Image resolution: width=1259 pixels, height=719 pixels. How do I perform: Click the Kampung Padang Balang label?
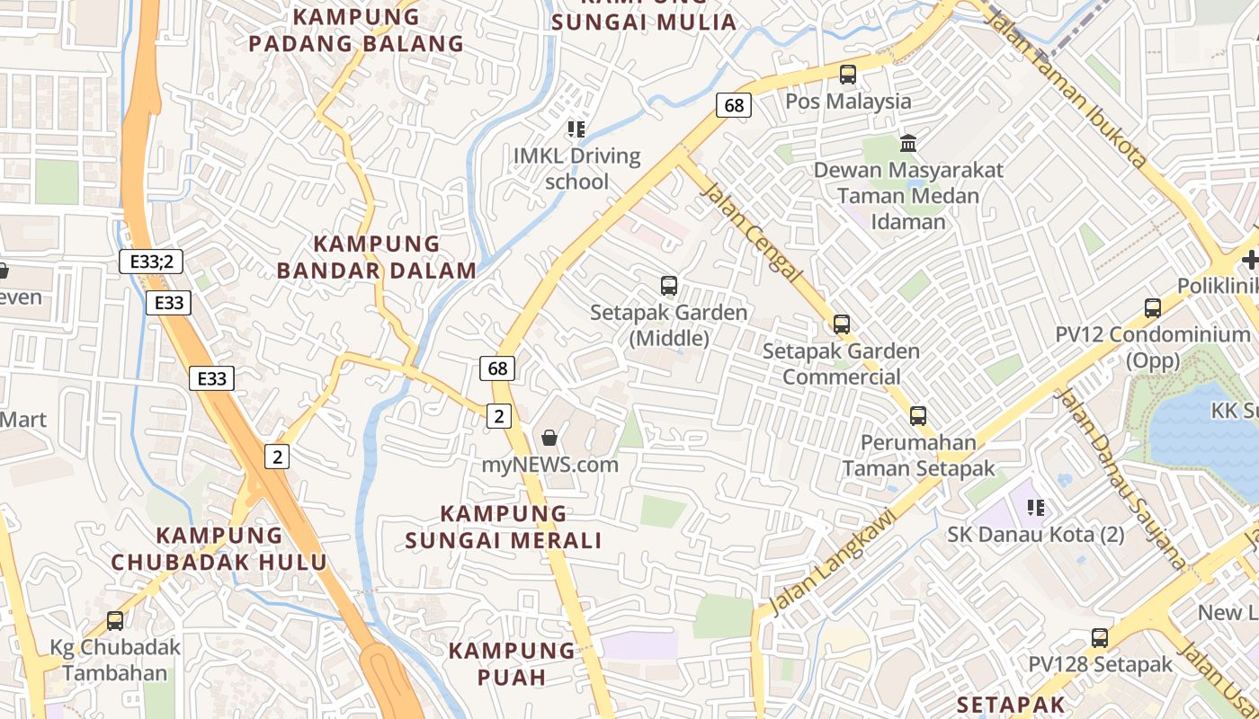(x=356, y=30)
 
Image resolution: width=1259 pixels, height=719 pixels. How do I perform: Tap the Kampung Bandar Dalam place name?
(x=377, y=257)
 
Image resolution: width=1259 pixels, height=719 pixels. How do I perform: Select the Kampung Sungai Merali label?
(x=504, y=527)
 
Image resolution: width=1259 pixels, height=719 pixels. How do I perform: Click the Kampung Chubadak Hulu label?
(x=219, y=548)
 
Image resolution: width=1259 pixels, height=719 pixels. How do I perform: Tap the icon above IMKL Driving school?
(x=576, y=129)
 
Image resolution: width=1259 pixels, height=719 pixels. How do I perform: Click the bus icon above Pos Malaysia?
(x=848, y=75)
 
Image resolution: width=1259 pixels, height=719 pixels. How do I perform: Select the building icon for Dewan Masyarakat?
(x=908, y=143)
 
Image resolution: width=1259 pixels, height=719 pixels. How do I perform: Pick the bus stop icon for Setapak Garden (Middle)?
(x=668, y=286)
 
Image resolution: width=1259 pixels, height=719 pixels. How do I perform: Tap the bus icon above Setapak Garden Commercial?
(x=841, y=324)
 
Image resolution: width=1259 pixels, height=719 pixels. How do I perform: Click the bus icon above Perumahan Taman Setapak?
(x=917, y=416)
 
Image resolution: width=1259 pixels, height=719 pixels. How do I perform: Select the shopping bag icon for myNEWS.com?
(x=549, y=438)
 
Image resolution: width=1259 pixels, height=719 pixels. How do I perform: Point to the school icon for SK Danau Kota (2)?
(x=1036, y=508)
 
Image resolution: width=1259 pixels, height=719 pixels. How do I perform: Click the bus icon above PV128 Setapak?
(x=1100, y=638)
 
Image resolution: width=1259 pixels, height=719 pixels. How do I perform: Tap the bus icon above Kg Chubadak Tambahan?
(x=115, y=621)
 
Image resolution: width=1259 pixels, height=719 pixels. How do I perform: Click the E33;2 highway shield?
(x=151, y=262)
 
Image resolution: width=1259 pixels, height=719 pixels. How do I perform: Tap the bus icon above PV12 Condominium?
(x=1153, y=308)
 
